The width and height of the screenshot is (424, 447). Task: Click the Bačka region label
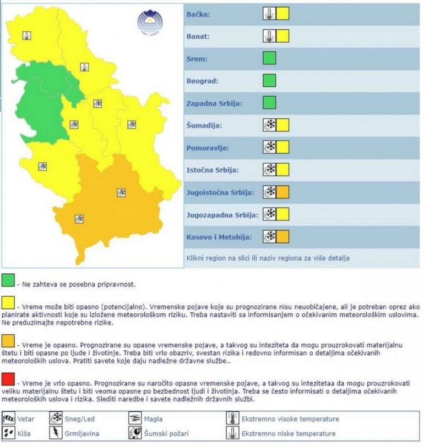(x=199, y=14)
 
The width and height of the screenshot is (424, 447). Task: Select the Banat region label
(x=200, y=36)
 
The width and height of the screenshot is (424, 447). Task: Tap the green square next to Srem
(x=269, y=58)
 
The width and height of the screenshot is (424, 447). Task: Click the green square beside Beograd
(x=269, y=81)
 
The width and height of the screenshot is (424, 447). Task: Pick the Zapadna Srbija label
(x=215, y=103)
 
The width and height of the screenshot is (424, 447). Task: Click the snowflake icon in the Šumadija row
(x=270, y=125)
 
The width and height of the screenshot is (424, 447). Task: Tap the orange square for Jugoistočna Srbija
(x=282, y=192)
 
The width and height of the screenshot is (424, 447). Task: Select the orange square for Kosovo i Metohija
(x=282, y=237)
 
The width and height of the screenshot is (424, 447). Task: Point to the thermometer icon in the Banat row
(x=269, y=36)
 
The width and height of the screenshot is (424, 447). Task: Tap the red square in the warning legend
(x=8, y=380)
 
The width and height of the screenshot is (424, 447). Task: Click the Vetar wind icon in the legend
(x=9, y=419)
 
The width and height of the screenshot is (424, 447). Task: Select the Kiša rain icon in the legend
(x=9, y=433)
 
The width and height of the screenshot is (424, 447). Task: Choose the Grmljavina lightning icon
(x=56, y=433)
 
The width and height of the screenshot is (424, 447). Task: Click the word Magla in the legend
(x=153, y=419)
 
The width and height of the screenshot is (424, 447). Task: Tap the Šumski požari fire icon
(x=135, y=433)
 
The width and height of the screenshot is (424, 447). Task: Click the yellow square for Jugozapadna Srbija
(x=282, y=214)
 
